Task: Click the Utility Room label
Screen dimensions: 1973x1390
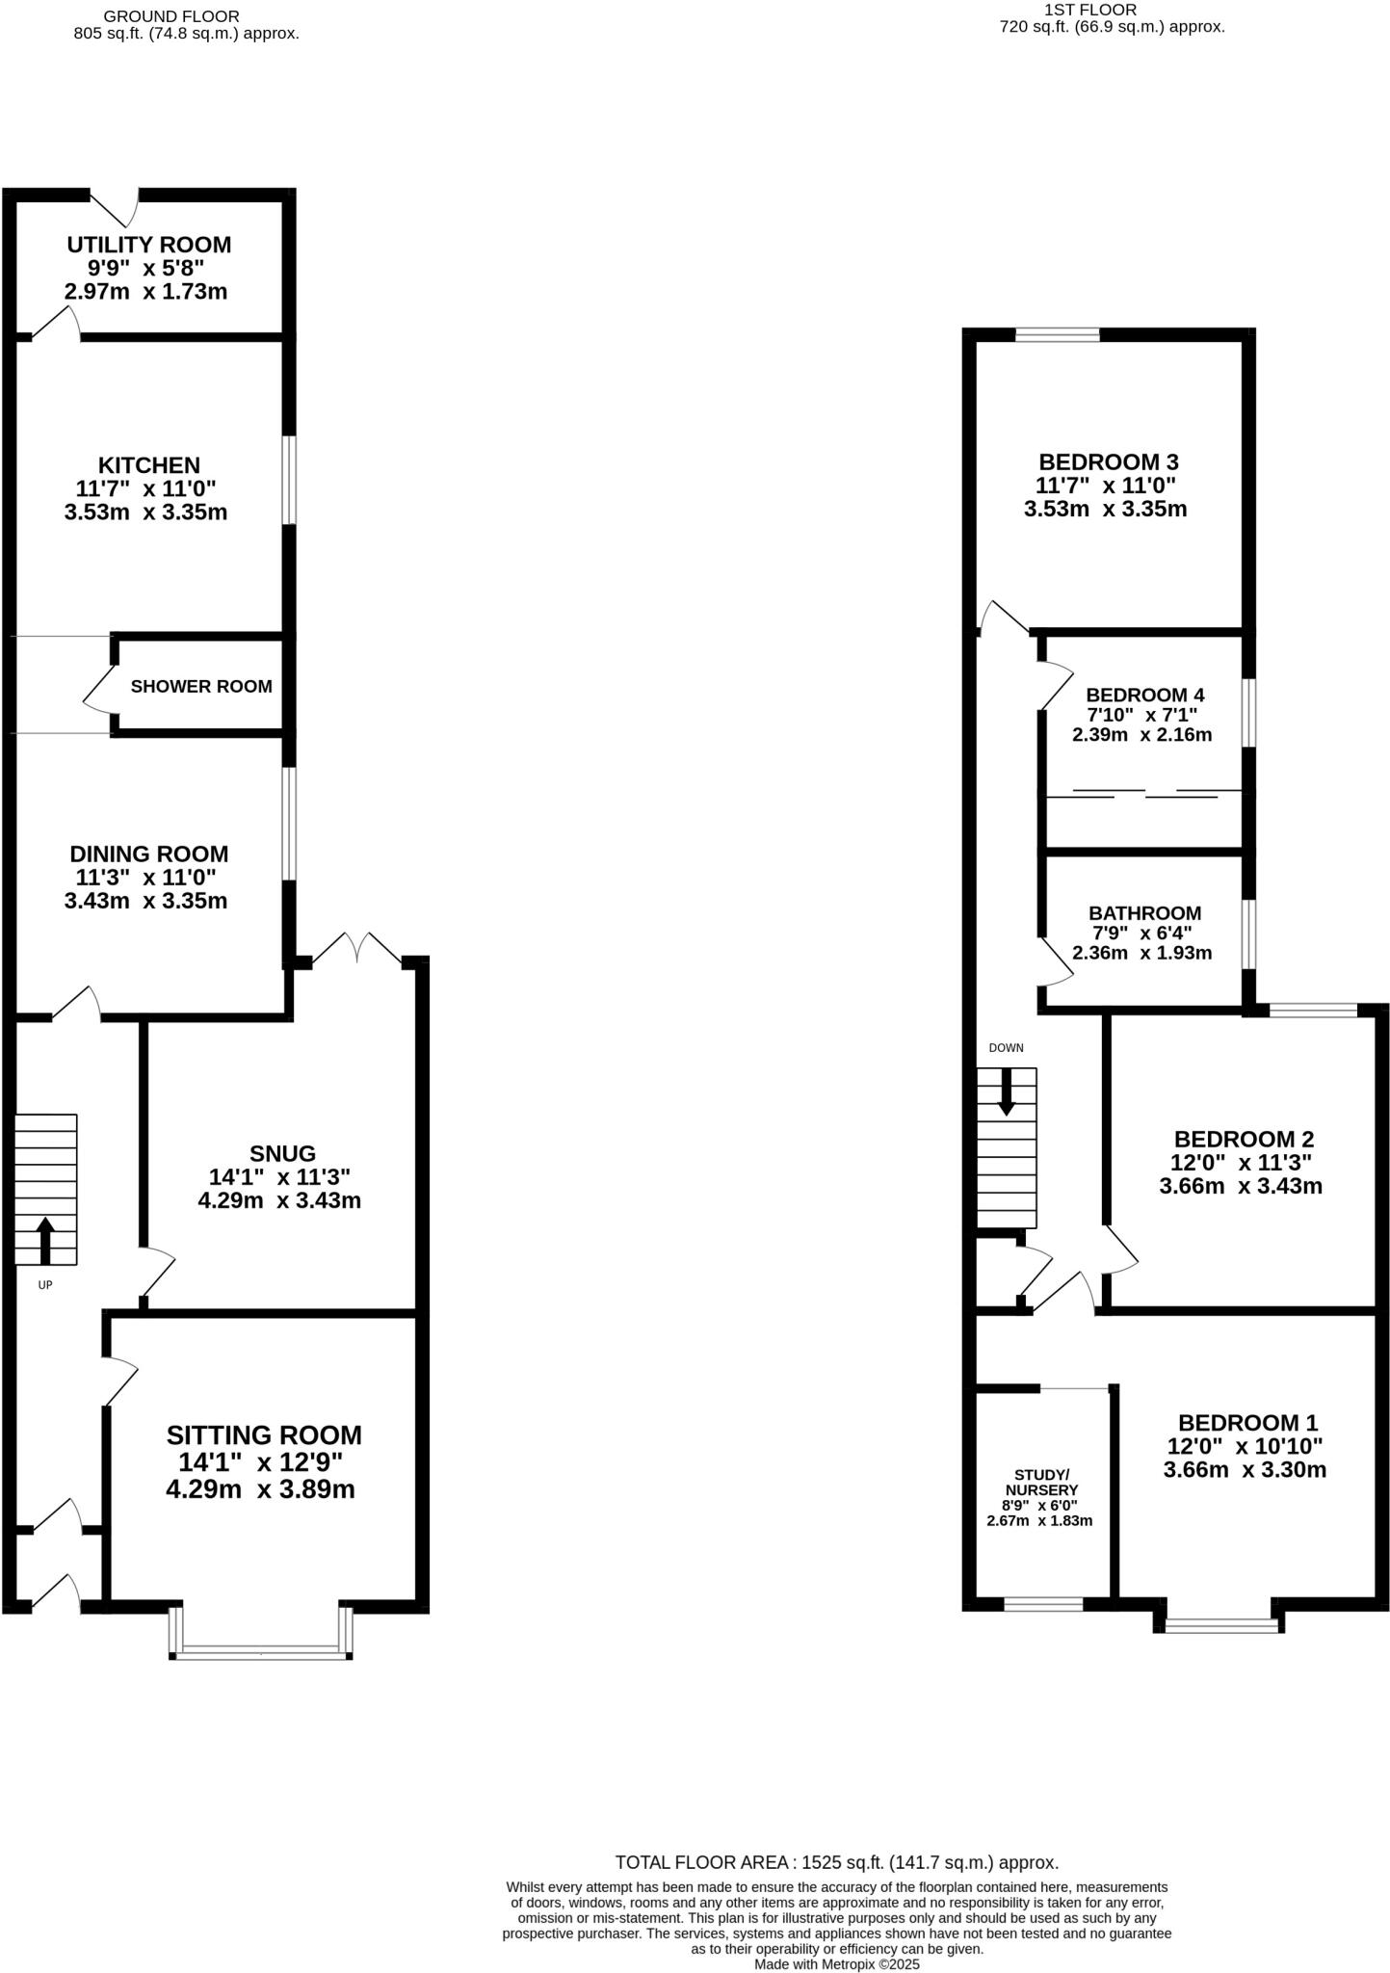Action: point(149,245)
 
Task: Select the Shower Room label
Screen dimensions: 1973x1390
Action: point(201,687)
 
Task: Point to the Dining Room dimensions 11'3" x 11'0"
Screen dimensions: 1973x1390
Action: point(146,878)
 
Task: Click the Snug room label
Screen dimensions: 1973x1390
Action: point(282,1153)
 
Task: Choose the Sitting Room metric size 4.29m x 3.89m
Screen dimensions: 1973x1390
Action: point(260,1489)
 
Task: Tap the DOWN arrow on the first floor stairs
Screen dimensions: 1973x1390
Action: point(1007,1092)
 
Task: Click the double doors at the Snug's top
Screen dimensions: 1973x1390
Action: point(357,950)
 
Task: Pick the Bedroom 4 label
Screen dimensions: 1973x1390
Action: point(1144,695)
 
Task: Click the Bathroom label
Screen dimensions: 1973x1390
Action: point(1144,912)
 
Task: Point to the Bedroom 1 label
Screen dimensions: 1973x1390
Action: point(1247,1423)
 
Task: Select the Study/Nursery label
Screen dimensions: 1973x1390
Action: point(1041,1482)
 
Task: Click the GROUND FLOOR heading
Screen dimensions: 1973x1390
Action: point(171,16)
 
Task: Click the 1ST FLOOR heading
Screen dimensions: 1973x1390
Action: point(1090,10)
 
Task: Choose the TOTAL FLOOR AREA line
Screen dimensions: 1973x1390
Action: point(836,1862)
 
